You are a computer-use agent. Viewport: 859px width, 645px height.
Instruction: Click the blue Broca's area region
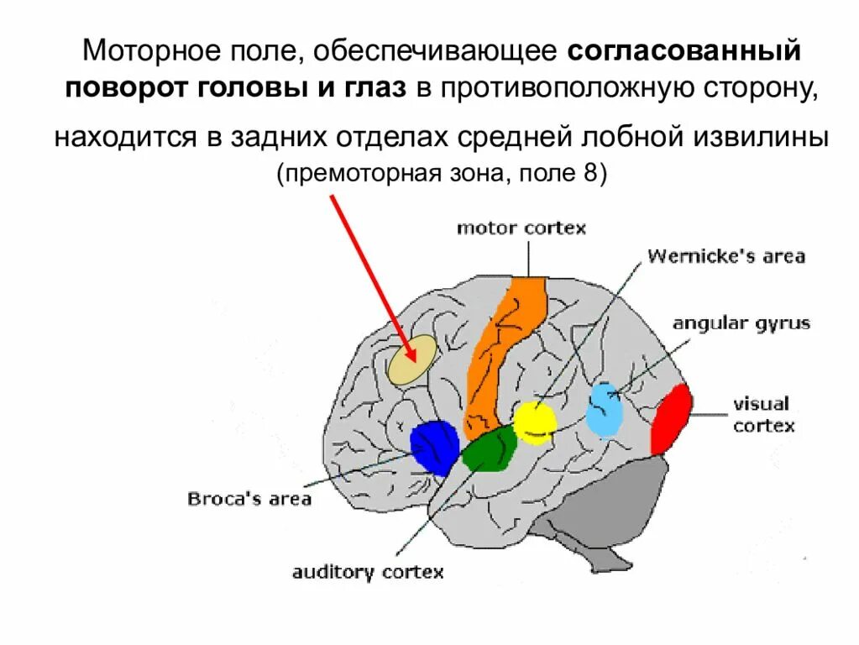(434, 446)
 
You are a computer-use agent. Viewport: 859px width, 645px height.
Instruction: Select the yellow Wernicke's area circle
(535, 422)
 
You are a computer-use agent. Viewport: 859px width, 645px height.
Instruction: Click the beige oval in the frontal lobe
(412, 360)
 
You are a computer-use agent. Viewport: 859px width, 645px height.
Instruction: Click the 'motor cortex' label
(521, 228)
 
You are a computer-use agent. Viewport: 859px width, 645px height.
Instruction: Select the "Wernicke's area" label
(725, 256)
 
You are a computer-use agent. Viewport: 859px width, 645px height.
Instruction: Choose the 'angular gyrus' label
(741, 323)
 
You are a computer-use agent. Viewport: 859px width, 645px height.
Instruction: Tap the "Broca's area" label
(249, 499)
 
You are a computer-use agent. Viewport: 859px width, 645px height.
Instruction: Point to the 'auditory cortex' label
(367, 573)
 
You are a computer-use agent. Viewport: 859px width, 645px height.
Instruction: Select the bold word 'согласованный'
(684, 53)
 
